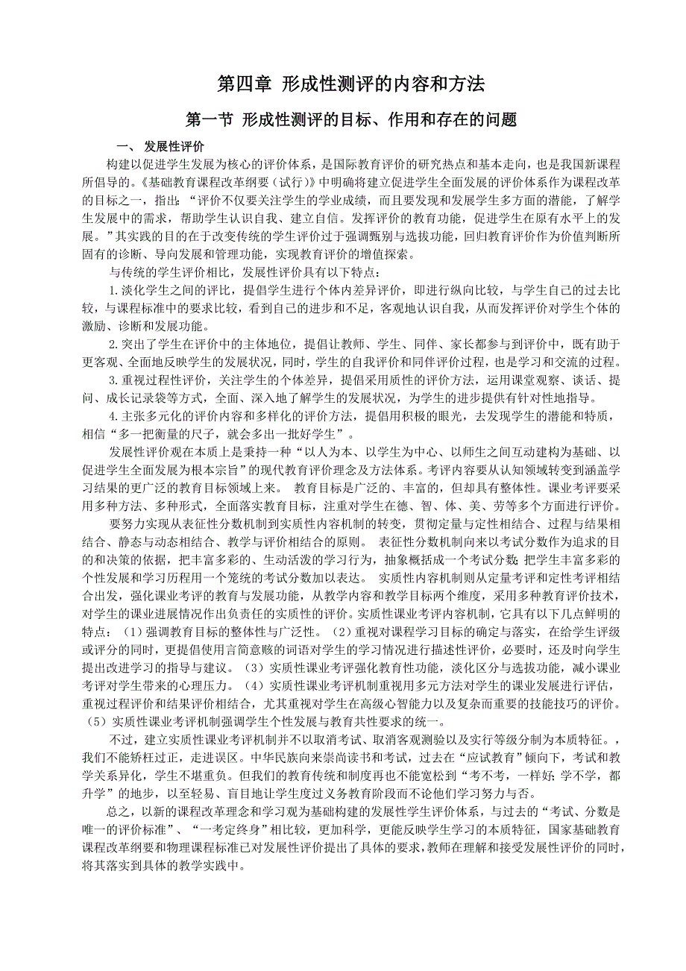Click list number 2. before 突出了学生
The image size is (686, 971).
point(114,345)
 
